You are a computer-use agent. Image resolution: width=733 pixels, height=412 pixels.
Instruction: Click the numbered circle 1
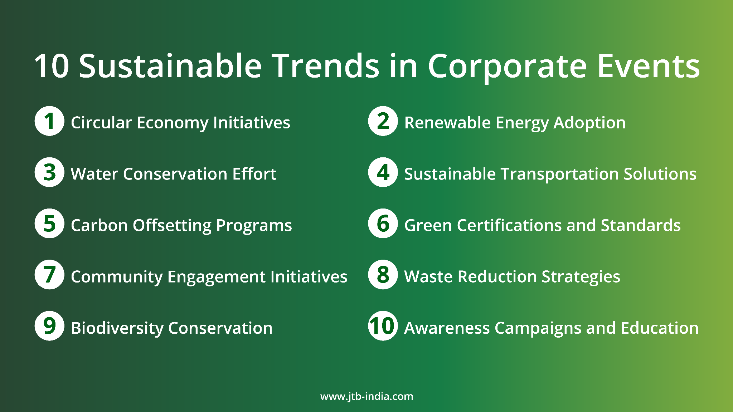(x=49, y=121)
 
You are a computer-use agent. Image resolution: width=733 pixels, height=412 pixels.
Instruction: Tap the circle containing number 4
(x=383, y=172)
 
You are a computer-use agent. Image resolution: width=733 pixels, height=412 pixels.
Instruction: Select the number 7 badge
(x=49, y=275)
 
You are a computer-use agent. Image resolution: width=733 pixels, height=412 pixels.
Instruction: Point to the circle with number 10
(x=383, y=326)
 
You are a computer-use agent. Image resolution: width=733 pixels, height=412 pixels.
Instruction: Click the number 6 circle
(x=383, y=224)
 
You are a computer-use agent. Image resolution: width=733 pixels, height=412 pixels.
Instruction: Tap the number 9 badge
(x=49, y=326)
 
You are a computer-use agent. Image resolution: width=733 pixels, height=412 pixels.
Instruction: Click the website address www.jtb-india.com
(x=366, y=396)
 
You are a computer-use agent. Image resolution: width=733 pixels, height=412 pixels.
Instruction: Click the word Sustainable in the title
(x=170, y=66)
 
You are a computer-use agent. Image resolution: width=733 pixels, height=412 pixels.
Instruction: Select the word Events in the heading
(x=648, y=66)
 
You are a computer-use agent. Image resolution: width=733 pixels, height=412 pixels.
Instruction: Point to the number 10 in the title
(x=51, y=66)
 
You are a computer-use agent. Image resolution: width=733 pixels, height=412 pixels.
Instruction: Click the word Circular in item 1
(x=101, y=123)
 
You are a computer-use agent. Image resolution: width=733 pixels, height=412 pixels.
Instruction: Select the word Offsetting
(x=172, y=226)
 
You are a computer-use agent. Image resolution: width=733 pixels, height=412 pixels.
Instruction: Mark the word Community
(x=117, y=277)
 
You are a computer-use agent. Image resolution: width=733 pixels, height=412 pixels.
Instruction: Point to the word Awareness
(x=447, y=328)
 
